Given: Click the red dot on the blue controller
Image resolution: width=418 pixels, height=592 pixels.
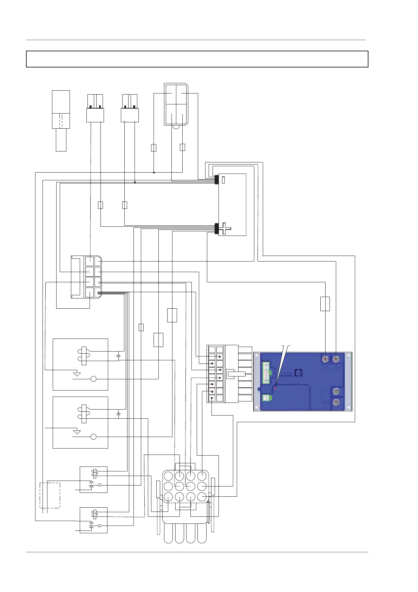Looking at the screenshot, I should (275, 388).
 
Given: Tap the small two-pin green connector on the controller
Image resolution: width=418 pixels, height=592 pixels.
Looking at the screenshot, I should (267, 398).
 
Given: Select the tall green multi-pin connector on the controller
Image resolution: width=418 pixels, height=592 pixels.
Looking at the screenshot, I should (267, 372).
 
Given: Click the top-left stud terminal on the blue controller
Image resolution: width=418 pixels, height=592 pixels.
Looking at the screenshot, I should (326, 358).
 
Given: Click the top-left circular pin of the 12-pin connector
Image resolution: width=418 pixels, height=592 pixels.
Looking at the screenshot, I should (168, 476).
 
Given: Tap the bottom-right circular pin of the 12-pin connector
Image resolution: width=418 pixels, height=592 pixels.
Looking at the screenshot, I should (202, 497).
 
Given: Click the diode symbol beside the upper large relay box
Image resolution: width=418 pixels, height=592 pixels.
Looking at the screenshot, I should (118, 356).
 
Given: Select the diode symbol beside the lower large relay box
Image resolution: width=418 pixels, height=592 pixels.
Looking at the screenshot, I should (118, 414).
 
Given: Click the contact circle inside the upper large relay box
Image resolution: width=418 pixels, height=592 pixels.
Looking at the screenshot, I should (93, 379).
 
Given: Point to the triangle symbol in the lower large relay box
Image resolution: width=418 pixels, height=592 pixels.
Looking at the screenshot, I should (77, 432).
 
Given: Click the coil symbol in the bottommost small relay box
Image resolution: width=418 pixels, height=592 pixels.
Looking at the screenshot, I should (94, 514).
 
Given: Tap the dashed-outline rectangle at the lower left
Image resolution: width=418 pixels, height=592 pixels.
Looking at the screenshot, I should (50, 495).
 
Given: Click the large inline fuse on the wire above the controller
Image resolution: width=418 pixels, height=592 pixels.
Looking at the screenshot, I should (325, 304).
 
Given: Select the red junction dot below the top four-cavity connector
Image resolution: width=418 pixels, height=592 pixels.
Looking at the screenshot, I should (154, 172).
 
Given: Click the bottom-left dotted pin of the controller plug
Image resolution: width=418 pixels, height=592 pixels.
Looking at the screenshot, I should (212, 398).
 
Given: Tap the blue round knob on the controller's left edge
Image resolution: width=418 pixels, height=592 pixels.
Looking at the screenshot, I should (259, 389).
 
